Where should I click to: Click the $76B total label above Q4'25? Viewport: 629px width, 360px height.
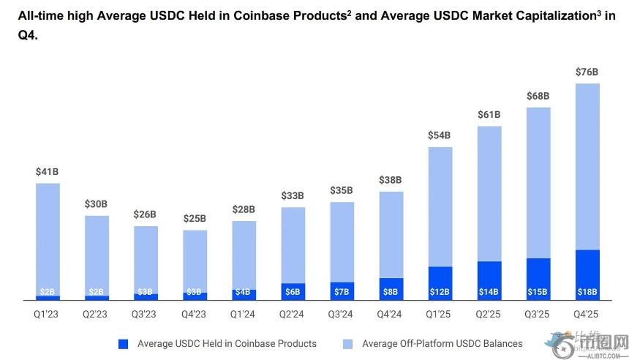pos(587,72)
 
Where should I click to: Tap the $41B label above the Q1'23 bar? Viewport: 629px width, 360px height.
pos(48,172)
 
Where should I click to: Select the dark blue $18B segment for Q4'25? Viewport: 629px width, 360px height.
pos(587,275)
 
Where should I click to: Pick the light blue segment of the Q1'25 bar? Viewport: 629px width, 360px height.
pos(440,206)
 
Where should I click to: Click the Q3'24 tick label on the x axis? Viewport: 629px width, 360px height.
pos(342,315)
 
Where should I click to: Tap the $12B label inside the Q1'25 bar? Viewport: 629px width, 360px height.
pos(440,292)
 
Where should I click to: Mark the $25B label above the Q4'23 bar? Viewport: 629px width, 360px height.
pos(195,219)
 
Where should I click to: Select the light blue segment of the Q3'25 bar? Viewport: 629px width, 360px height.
pos(538,183)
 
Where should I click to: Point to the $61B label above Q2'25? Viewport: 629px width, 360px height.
pos(489,115)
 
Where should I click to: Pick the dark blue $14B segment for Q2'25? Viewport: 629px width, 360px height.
pos(489,280)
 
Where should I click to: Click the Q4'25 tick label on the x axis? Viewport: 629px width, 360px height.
pos(587,315)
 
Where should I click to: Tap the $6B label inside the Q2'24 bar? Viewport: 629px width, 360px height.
pos(293,292)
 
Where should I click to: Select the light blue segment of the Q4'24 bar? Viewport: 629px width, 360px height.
pos(391,234)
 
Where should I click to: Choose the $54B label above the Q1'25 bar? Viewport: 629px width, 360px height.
pos(440,135)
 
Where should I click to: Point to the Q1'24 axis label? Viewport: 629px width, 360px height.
pos(244,315)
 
